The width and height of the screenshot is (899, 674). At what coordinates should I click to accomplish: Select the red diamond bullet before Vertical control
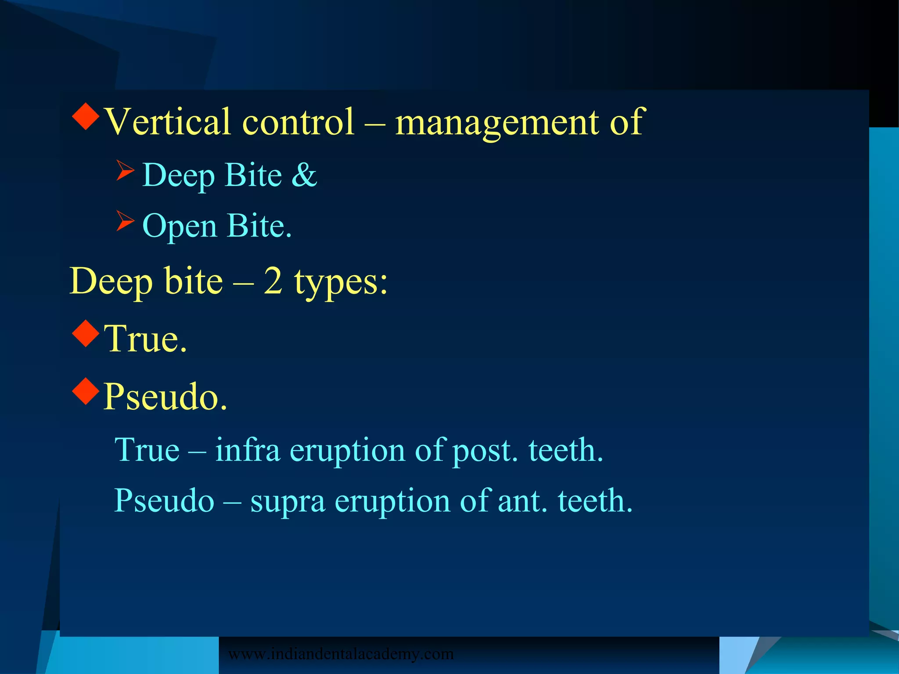(x=86, y=116)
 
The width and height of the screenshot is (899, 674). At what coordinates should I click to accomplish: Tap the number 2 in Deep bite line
(x=273, y=281)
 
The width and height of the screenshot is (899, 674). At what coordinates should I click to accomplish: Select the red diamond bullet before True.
(x=86, y=333)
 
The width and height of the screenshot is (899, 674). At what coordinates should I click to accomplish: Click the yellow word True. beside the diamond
(x=145, y=339)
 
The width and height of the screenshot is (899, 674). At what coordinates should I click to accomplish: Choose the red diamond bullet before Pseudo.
(x=86, y=391)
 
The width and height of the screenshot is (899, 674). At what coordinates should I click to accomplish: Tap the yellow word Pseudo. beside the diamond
(x=165, y=397)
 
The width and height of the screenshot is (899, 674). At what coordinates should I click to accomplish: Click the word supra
(x=288, y=502)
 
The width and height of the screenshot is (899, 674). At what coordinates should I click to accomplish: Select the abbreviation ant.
(x=523, y=501)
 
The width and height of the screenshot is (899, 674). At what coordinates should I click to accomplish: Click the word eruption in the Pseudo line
(x=392, y=502)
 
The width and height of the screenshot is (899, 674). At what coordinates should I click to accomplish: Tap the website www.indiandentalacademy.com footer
(x=341, y=654)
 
